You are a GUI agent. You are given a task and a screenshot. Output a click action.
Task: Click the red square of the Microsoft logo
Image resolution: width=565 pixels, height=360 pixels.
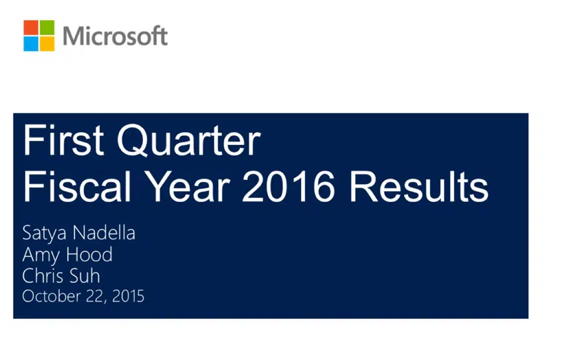[x=31, y=27]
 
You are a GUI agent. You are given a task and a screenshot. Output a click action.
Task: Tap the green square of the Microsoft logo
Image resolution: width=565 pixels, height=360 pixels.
[x=47, y=27]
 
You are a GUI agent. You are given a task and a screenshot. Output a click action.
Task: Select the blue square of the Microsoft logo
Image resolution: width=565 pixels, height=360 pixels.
[x=31, y=44]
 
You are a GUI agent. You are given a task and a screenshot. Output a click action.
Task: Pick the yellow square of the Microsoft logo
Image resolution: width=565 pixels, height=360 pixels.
[x=47, y=44]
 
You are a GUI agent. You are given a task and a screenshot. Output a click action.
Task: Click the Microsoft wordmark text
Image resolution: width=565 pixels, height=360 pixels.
[x=115, y=36]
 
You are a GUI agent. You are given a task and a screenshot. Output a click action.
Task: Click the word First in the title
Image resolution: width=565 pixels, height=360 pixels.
[x=64, y=139]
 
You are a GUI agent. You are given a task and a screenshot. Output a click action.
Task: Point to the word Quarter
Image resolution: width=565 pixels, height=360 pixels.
[x=189, y=140]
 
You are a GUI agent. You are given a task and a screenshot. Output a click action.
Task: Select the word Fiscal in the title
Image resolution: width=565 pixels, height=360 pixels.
[x=76, y=187]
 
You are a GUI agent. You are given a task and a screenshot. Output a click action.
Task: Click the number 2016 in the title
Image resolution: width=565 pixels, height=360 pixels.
[x=288, y=187]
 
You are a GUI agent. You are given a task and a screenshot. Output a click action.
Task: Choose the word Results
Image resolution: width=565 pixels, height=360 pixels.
[x=419, y=187]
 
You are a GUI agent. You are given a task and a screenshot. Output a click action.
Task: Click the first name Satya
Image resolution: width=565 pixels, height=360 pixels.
[x=45, y=233]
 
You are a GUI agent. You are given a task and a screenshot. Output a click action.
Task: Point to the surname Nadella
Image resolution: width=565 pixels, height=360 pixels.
[x=104, y=232]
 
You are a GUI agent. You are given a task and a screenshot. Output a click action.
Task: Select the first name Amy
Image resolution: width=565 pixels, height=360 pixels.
[x=41, y=255]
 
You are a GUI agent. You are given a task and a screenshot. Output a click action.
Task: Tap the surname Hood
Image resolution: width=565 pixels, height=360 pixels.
[x=89, y=254]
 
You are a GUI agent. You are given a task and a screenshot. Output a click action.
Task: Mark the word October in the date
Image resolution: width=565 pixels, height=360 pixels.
[x=52, y=296]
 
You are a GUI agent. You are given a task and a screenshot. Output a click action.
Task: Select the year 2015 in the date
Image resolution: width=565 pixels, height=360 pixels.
[x=128, y=296]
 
